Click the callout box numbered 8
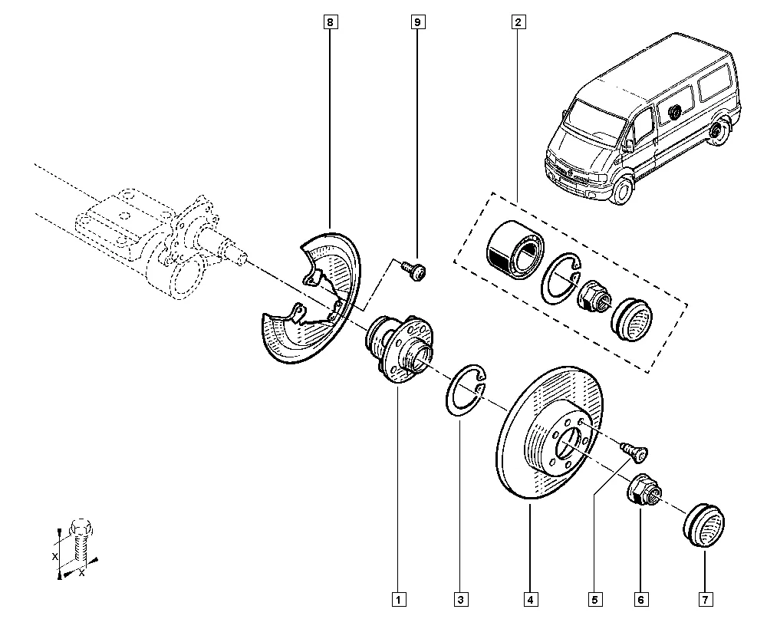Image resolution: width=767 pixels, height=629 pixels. (x=330, y=23)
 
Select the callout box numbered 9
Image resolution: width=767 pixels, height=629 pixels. (x=418, y=23)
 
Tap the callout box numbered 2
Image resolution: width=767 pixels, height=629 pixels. (x=518, y=23)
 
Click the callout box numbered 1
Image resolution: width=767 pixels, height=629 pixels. (x=398, y=598)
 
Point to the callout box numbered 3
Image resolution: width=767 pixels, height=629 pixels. (x=459, y=598)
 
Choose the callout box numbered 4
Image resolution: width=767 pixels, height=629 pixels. (x=530, y=598)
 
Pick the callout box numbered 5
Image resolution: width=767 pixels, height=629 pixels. (x=593, y=598)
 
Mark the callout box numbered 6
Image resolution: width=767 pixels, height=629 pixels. (x=640, y=598)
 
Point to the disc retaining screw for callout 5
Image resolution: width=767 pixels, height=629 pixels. (x=634, y=453)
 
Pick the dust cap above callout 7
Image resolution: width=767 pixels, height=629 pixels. (x=702, y=525)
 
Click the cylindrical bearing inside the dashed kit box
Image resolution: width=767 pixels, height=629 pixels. (x=514, y=245)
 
